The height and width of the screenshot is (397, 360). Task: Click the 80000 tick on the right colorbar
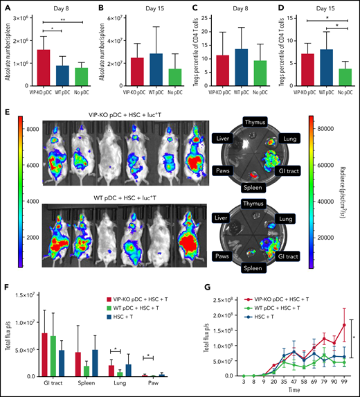325,129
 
